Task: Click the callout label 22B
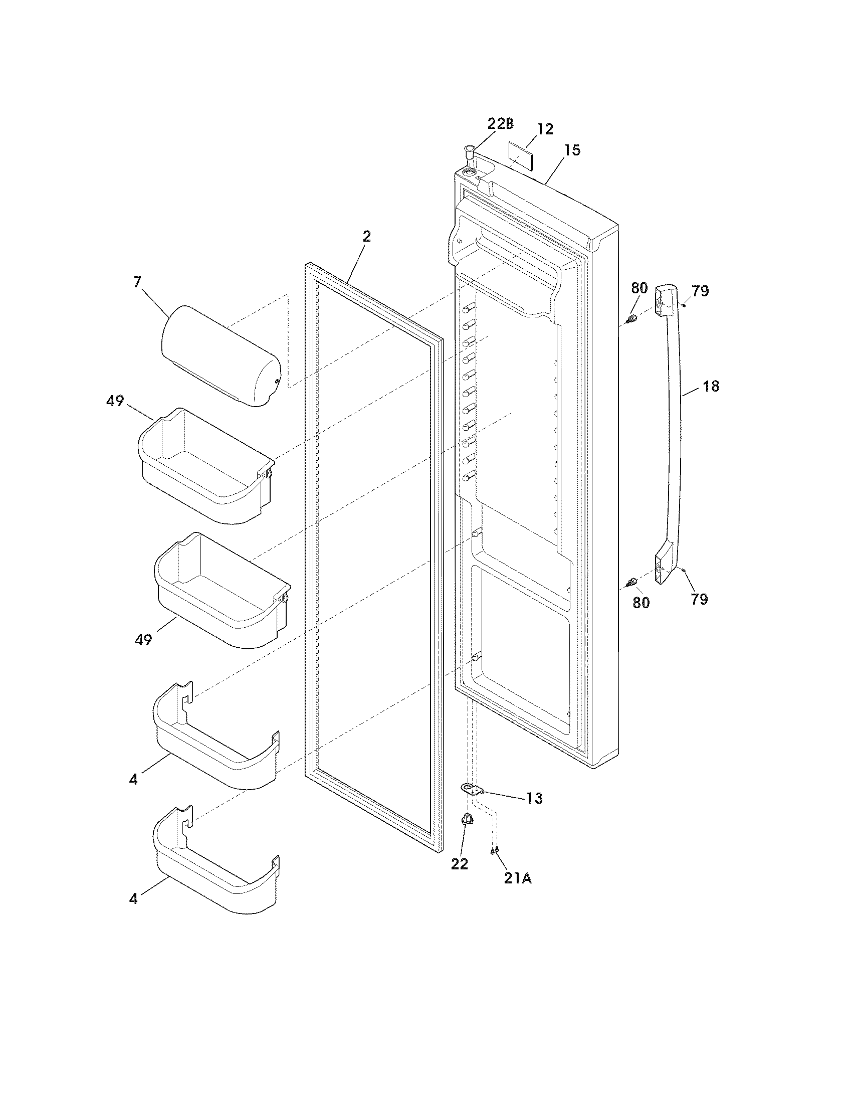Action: pos(500,124)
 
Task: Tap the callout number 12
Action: pos(545,129)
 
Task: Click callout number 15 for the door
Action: pos(572,150)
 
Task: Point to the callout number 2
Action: pos(367,236)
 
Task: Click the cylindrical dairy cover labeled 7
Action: pos(221,355)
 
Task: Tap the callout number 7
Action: pos(137,282)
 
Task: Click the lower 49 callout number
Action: pos(143,640)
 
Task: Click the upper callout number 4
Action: pos(133,780)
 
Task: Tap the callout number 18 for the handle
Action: pos(711,387)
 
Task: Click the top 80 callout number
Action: pos(639,288)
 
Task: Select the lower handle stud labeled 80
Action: pos(630,583)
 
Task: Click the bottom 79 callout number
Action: pos(699,599)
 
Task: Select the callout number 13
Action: pos(534,799)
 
